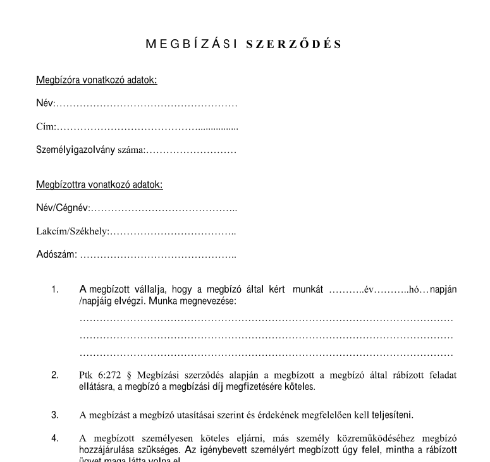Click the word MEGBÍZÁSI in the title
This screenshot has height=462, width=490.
(192, 44)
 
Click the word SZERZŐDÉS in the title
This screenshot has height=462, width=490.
(293, 44)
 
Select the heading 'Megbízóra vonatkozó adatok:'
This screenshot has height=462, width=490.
(96, 80)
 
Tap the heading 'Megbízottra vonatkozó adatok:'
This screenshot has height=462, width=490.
(99, 185)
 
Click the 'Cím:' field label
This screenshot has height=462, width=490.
(46, 128)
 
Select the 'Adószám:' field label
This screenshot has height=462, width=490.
(56, 255)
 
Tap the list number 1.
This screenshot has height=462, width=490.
(55, 290)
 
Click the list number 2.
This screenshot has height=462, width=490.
(55, 375)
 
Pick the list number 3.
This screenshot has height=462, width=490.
(55, 415)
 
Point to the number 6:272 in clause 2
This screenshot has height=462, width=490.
(108, 375)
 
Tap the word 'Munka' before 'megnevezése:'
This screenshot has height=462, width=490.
(163, 301)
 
